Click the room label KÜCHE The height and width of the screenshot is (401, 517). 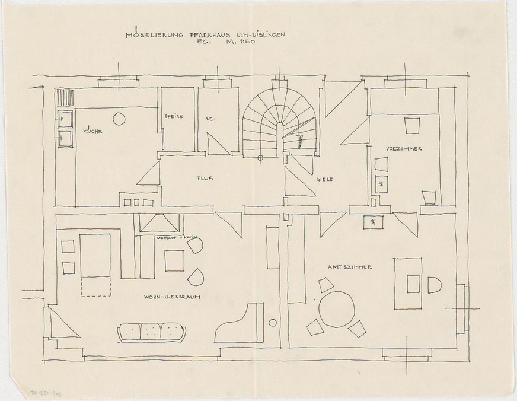tap(92, 131)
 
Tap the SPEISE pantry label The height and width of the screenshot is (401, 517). tap(174, 116)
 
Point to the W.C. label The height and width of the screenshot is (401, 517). tap(210, 119)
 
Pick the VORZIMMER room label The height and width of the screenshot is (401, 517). tap(404, 148)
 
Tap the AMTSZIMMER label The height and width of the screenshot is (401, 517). tap(350, 268)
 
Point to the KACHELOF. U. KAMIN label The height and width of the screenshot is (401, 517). tap(175, 238)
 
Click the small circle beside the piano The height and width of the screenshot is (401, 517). tap(272, 323)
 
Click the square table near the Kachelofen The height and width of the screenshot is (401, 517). tap(174, 260)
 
